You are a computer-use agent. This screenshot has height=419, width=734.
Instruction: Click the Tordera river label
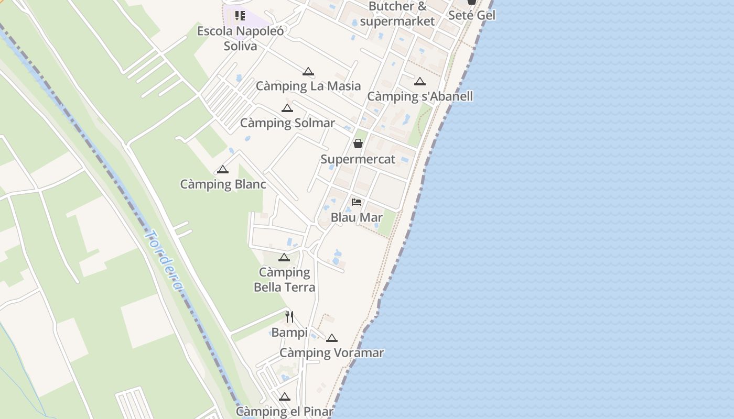tap(164, 261)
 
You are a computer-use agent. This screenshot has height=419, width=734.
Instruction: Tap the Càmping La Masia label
tap(308, 86)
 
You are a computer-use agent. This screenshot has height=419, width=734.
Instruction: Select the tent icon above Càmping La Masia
tap(308, 72)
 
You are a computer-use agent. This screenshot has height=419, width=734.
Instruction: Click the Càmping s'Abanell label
tap(420, 96)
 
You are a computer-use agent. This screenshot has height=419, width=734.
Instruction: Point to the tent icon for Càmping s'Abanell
tap(419, 82)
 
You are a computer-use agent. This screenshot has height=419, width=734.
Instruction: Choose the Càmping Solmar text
tap(287, 123)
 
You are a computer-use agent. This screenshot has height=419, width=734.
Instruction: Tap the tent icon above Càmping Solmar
tap(287, 108)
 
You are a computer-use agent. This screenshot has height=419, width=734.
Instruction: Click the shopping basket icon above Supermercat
tap(358, 143)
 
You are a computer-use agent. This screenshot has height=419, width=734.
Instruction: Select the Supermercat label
tap(358, 159)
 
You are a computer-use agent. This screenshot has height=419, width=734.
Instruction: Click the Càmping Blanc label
tap(223, 184)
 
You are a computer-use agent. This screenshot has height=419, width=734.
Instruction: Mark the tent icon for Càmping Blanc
tap(223, 170)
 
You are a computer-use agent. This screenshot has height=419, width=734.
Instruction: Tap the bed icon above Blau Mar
tap(357, 202)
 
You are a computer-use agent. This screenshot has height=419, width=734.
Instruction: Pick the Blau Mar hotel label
tap(357, 217)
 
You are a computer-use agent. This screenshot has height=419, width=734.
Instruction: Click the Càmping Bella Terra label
tap(284, 280)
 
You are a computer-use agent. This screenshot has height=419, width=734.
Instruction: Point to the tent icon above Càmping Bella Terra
tap(284, 258)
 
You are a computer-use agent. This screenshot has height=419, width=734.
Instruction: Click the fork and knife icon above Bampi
tap(289, 316)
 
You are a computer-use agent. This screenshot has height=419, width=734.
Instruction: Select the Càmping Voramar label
tap(331, 353)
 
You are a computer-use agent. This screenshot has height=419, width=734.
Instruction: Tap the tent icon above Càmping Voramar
tap(331, 338)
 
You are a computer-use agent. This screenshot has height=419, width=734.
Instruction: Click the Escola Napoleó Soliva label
tap(241, 38)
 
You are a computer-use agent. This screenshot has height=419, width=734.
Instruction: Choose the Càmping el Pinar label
tap(284, 412)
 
